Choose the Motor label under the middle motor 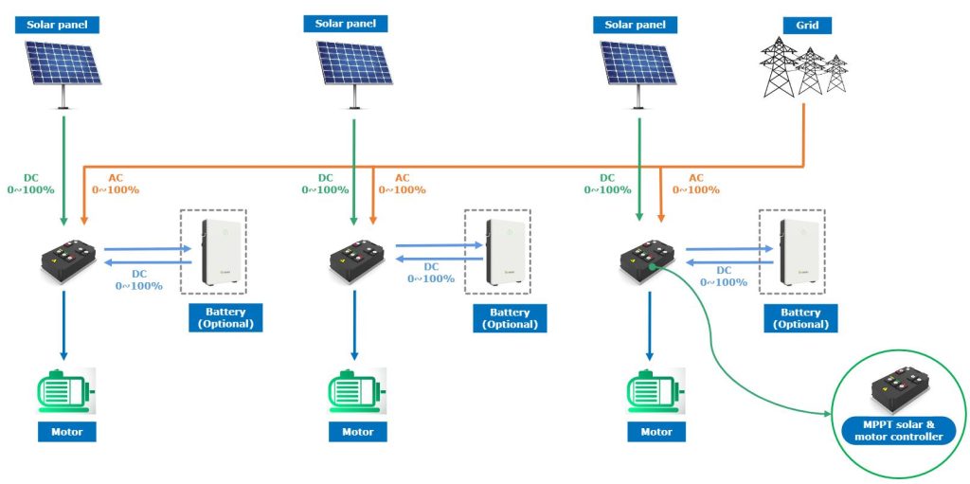pos(357,432)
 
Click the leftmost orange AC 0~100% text pos(115,183)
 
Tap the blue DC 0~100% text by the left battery pos(138,279)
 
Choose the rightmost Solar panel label pos(637,24)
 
